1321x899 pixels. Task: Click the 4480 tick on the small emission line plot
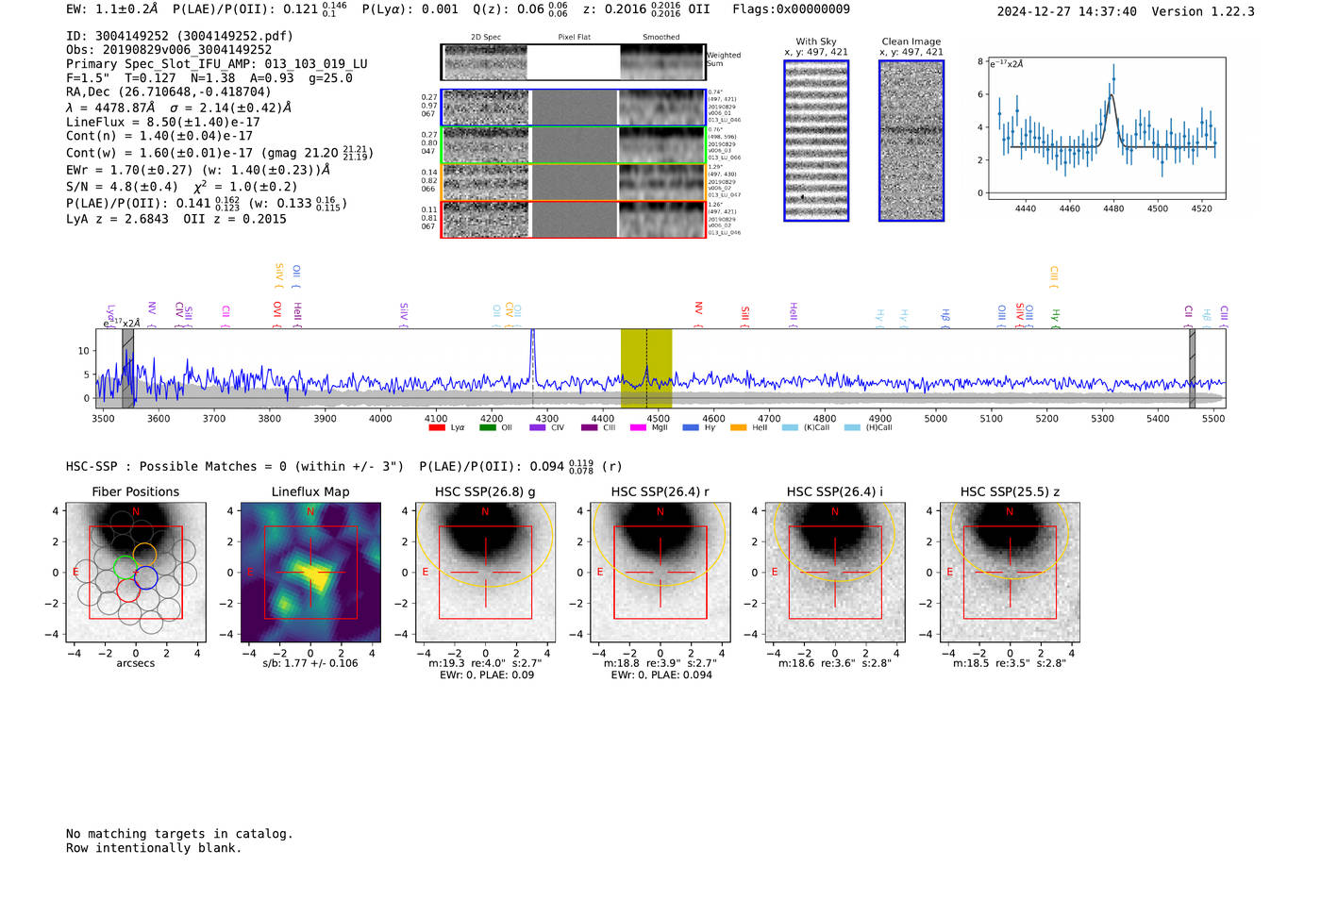tap(1113, 208)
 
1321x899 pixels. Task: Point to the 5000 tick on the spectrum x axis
tap(935, 418)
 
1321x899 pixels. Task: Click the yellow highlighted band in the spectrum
tap(645, 368)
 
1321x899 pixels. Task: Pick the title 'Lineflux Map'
tap(310, 491)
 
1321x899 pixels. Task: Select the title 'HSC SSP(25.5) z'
tap(1010, 491)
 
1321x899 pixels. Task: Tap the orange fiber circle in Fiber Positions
tap(144, 554)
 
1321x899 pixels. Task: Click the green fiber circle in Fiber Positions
tap(125, 568)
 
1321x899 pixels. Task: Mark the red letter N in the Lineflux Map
tap(310, 511)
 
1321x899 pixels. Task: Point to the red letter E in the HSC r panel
tap(600, 573)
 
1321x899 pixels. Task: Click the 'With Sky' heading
tap(816, 42)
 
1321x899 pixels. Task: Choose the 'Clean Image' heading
tap(911, 42)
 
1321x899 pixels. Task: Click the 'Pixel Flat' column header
tap(574, 38)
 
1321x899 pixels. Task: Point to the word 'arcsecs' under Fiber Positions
tap(136, 663)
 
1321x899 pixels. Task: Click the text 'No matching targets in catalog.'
tap(179, 834)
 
